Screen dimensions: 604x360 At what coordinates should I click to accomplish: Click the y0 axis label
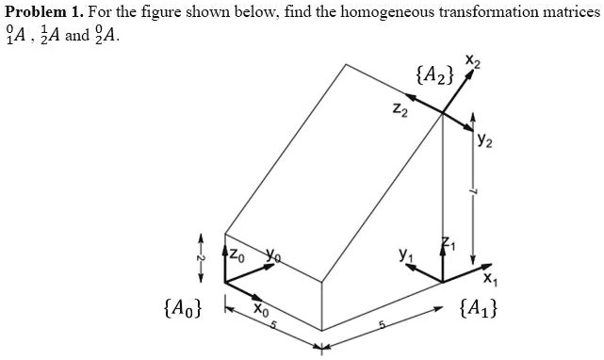click(x=273, y=253)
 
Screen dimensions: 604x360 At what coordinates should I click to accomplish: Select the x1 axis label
click(x=487, y=279)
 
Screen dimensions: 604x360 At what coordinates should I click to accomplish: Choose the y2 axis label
click(x=485, y=141)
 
